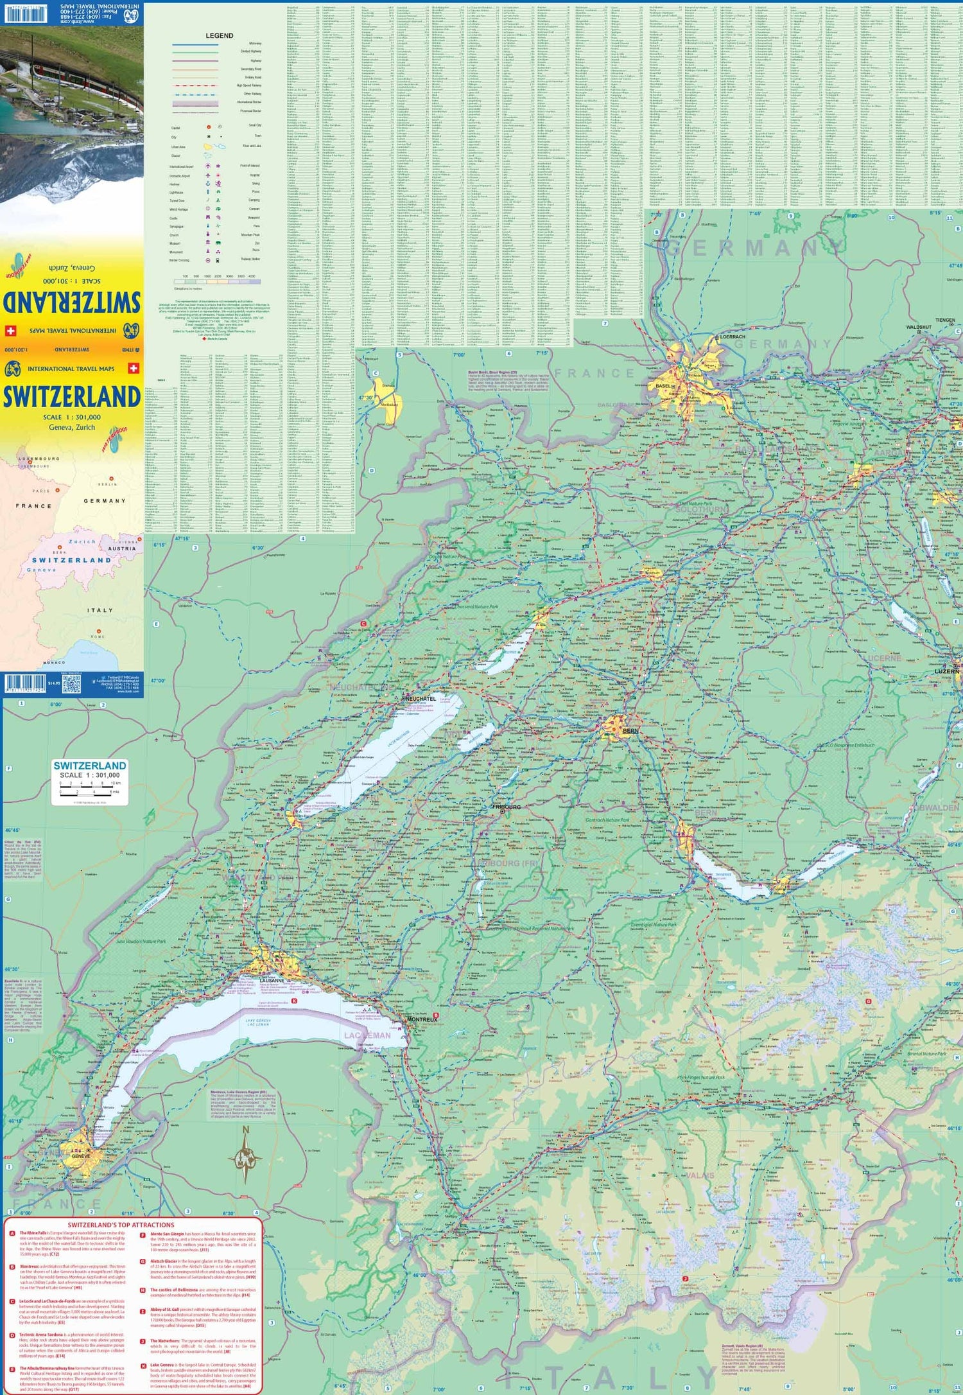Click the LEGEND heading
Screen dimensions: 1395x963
[x=219, y=36]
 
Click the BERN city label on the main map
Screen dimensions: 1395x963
[x=630, y=731]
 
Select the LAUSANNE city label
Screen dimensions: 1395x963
[x=272, y=981]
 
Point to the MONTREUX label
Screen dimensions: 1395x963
[x=422, y=1019]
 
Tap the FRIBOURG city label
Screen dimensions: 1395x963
[x=507, y=807]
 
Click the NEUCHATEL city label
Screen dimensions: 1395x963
[x=421, y=698]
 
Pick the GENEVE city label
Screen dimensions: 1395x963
[x=81, y=1156]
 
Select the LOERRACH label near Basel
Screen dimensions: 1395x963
[x=733, y=337]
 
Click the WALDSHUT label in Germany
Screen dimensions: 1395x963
[x=919, y=327]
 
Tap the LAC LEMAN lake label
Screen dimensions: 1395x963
[x=367, y=1035]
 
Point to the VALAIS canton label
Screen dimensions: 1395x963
[x=700, y=1175]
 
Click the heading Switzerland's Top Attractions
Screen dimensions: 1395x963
[x=121, y=1225]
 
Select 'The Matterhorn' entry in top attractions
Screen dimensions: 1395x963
[x=165, y=1341]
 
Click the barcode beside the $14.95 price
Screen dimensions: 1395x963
[x=24, y=683]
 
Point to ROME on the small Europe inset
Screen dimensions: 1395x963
[x=98, y=636]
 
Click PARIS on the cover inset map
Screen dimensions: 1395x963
[x=41, y=491]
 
